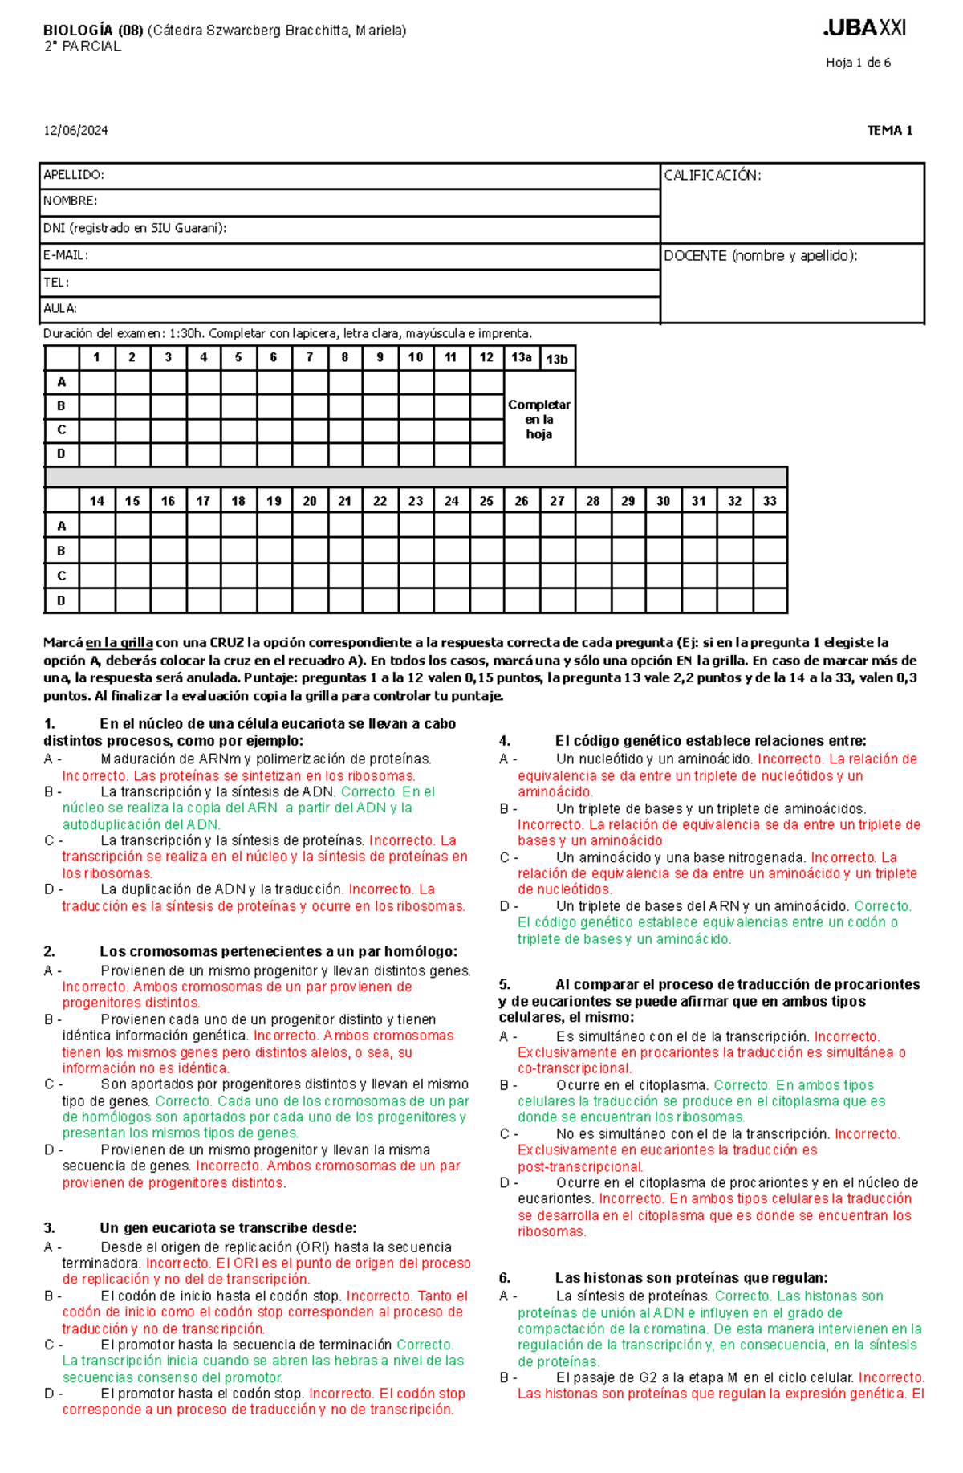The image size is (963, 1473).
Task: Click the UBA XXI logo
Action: [x=864, y=28]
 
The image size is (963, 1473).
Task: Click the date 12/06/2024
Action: [x=75, y=131]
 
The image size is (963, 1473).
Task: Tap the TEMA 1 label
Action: [x=889, y=131]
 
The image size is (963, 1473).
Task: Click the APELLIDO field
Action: [x=350, y=176]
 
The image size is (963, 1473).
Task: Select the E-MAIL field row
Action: [x=350, y=256]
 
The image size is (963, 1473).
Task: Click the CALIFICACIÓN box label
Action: [x=713, y=176]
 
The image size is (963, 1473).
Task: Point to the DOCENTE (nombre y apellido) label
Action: [x=760, y=256]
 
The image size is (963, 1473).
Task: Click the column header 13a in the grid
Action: [x=522, y=358]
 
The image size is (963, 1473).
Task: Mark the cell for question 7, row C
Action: [x=310, y=430]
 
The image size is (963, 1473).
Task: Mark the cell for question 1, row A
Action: [x=97, y=382]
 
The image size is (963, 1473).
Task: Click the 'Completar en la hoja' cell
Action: [x=539, y=419]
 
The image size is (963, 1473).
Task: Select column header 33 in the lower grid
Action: [x=770, y=501]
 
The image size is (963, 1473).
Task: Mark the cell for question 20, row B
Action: [x=310, y=551]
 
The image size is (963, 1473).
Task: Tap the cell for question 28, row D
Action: [x=592, y=600]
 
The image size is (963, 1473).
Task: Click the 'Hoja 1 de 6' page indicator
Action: [x=858, y=63]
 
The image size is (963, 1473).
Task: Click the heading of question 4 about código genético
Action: [x=709, y=741]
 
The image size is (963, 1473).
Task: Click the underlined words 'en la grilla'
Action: [x=120, y=642]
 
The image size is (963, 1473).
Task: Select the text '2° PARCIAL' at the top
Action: [x=83, y=47]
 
